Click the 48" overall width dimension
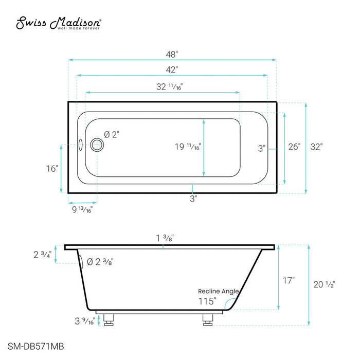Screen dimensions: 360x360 tap(172, 53)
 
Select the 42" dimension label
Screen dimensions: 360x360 tap(172, 69)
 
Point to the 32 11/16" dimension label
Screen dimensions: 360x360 tap(169, 87)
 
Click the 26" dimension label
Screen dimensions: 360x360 tap(294, 147)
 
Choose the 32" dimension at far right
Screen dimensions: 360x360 tap(316, 147)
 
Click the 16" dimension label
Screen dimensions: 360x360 tap(52, 168)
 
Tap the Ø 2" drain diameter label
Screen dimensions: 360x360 tap(112, 134)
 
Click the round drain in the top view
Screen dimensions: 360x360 tap(96, 145)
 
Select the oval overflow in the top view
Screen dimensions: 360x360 tap(81, 145)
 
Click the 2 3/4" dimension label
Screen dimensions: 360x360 tap(42, 255)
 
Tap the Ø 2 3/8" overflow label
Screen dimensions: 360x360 tap(100, 262)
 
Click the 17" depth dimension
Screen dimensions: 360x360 tap(289, 280)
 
